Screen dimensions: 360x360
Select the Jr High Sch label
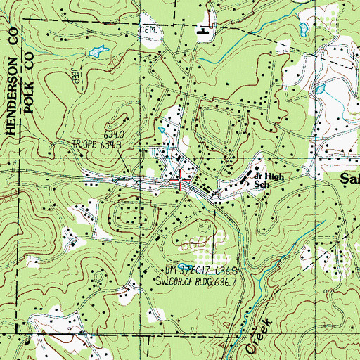pos(266,180)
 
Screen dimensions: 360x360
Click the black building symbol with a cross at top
pos(205,30)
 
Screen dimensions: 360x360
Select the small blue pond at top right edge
pos(303,30)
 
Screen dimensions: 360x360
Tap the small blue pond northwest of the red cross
pos(161,129)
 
